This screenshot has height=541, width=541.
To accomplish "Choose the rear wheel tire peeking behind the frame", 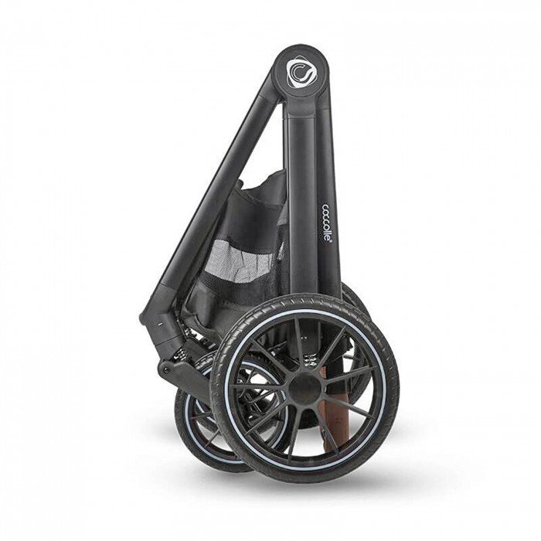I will [352, 298].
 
